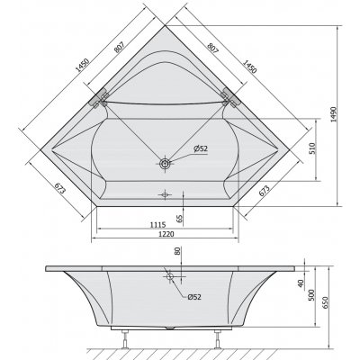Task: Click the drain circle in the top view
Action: [166, 165]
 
